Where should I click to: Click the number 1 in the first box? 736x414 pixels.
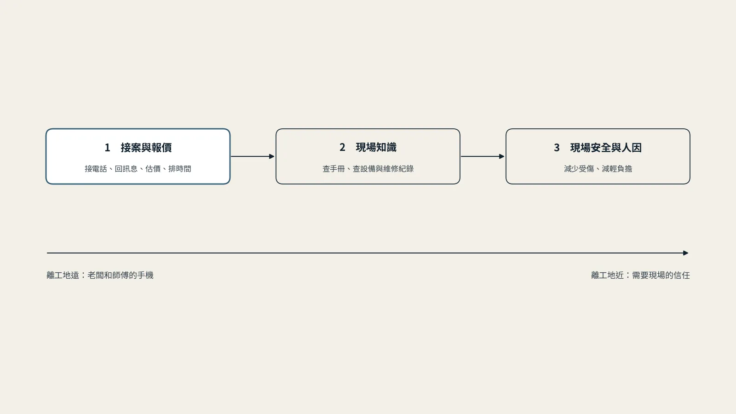(107, 148)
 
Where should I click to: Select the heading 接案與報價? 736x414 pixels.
(146, 148)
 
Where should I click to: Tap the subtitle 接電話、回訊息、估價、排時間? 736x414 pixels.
(138, 169)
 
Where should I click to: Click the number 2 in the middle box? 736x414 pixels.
(342, 147)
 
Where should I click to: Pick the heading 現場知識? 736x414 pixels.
(376, 147)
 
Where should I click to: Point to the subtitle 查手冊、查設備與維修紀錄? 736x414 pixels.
(368, 169)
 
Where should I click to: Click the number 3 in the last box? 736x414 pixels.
(557, 148)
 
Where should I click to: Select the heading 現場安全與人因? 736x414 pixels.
(606, 148)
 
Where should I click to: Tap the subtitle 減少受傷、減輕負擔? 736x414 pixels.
(598, 169)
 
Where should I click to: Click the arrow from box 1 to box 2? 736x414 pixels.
(253, 156)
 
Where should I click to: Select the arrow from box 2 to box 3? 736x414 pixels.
(483, 156)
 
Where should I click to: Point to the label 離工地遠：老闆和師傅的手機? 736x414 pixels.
(100, 276)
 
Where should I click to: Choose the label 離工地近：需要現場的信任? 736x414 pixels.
(640, 276)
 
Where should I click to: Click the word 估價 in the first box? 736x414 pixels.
(153, 169)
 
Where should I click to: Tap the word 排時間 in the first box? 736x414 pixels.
(180, 169)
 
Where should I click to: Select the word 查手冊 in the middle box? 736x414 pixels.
(334, 169)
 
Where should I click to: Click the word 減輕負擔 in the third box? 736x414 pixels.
(617, 169)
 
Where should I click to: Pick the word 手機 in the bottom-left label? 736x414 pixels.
(145, 276)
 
